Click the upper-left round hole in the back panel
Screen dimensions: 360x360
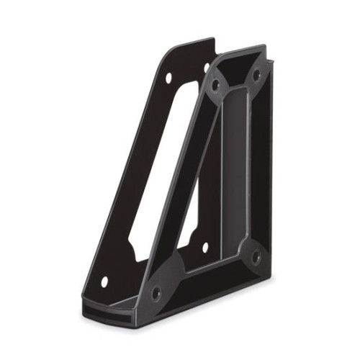tap(168, 77)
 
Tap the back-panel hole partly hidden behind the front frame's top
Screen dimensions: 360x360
tap(207, 66)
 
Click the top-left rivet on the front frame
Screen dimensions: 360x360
tap(215, 84)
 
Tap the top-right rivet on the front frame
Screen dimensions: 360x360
tap(255, 74)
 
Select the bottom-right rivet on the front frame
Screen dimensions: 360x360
tap(255, 256)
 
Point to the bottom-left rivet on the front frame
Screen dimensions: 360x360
tap(155, 292)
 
